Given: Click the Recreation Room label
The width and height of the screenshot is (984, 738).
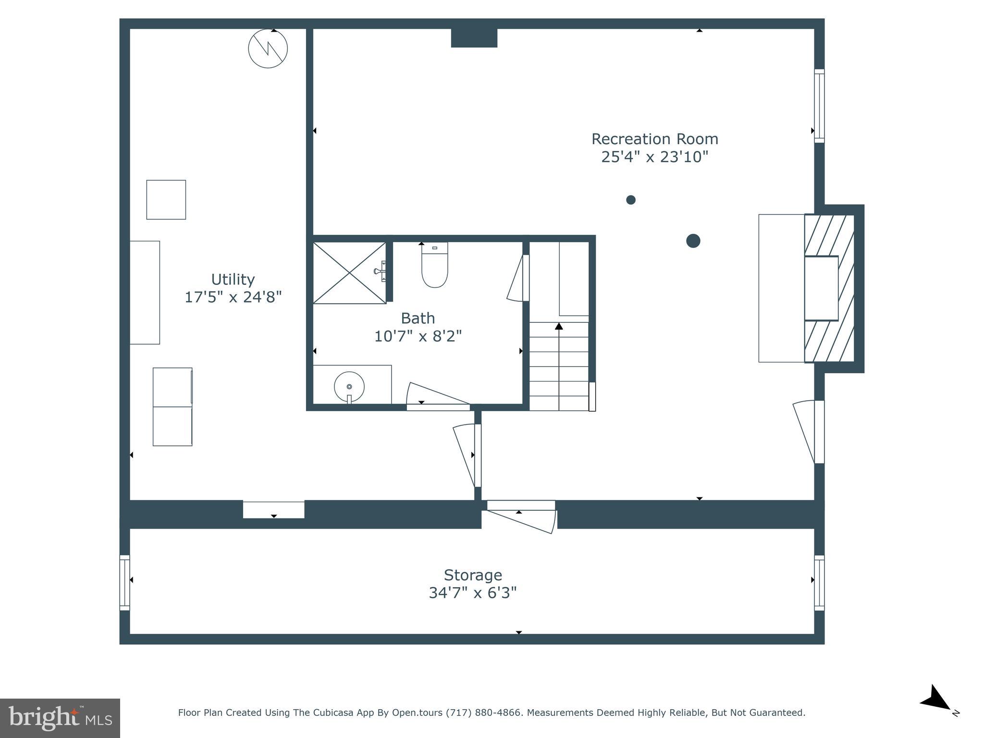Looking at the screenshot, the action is [654, 139].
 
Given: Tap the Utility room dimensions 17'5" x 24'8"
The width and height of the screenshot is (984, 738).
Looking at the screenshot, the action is [233, 297].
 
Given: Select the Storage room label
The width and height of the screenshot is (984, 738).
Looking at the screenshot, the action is [473, 575].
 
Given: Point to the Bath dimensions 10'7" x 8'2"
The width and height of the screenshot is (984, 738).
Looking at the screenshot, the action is [418, 336].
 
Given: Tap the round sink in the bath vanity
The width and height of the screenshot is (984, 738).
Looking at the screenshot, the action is [349, 386].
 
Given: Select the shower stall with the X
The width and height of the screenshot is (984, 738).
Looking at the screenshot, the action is [349, 273].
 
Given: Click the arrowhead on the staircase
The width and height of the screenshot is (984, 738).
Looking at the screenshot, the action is [559, 326].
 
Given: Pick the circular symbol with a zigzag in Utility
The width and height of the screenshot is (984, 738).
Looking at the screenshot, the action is [268, 49].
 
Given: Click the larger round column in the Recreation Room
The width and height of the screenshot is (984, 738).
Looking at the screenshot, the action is [693, 241].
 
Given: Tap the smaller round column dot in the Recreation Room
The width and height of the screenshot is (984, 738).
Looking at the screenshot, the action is [631, 200].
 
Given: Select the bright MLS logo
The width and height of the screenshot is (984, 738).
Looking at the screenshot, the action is [60, 718].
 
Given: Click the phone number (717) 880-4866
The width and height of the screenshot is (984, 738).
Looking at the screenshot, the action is [484, 713].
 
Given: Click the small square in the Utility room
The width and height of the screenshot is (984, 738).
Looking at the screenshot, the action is [166, 200].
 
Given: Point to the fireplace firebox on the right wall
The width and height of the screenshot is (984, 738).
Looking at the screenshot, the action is [821, 288].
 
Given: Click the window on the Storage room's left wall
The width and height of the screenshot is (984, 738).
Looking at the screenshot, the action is [124, 583].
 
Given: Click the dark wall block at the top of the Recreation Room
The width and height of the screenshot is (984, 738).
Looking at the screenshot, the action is [474, 38].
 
